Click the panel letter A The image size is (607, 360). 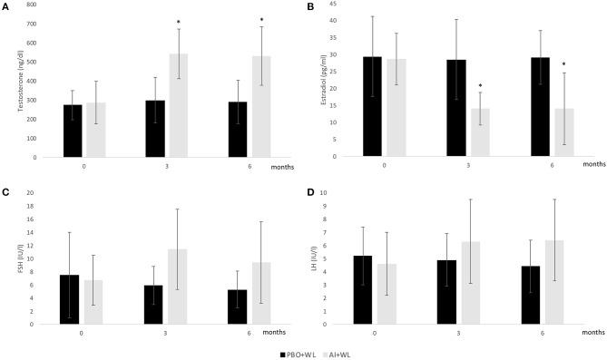pyautogui.click(x=5, y=5)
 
